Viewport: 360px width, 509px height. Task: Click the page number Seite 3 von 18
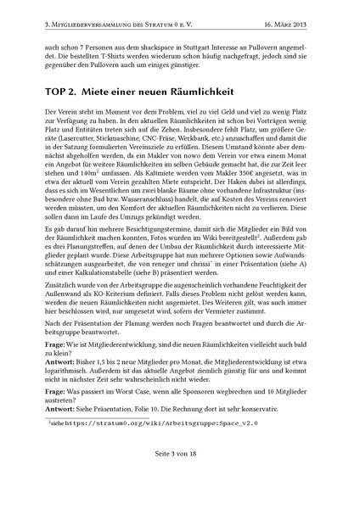pos(179,495)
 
